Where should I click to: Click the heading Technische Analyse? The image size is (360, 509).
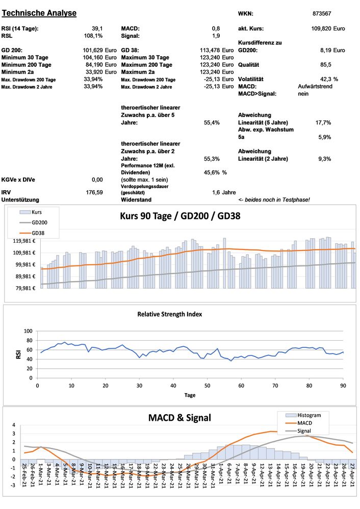40,13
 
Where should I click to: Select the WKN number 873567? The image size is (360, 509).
322,14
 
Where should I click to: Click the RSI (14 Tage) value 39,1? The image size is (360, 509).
96,29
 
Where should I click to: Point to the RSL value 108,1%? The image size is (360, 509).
93,36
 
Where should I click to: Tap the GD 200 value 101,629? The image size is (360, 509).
93,50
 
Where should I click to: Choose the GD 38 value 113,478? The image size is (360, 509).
211,50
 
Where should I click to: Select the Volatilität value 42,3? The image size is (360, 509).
325,80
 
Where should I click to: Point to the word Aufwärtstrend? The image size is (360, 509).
316,87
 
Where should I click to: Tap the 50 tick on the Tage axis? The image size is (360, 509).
207,385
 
